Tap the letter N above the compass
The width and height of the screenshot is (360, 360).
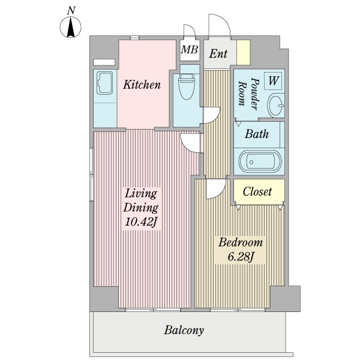[71, 11]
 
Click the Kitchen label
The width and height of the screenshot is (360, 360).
[142, 85]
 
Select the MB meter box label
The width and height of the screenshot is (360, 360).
[190, 49]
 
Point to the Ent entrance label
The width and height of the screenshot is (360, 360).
[218, 53]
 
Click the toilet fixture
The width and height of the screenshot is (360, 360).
[187, 86]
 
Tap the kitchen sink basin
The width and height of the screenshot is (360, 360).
[104, 83]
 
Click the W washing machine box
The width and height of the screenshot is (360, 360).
[273, 81]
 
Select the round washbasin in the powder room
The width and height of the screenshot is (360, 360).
[276, 106]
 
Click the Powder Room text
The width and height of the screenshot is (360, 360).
[248, 94]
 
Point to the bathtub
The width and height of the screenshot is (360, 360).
[260, 161]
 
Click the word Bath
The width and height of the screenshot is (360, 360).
[256, 134]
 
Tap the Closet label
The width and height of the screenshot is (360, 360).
[257, 191]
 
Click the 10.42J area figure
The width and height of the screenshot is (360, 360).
[141, 222]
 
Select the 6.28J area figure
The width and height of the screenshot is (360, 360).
[240, 257]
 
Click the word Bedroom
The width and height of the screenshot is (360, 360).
[241, 242]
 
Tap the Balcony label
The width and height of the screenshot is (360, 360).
[184, 330]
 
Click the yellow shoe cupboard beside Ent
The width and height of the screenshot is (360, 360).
[244, 52]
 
